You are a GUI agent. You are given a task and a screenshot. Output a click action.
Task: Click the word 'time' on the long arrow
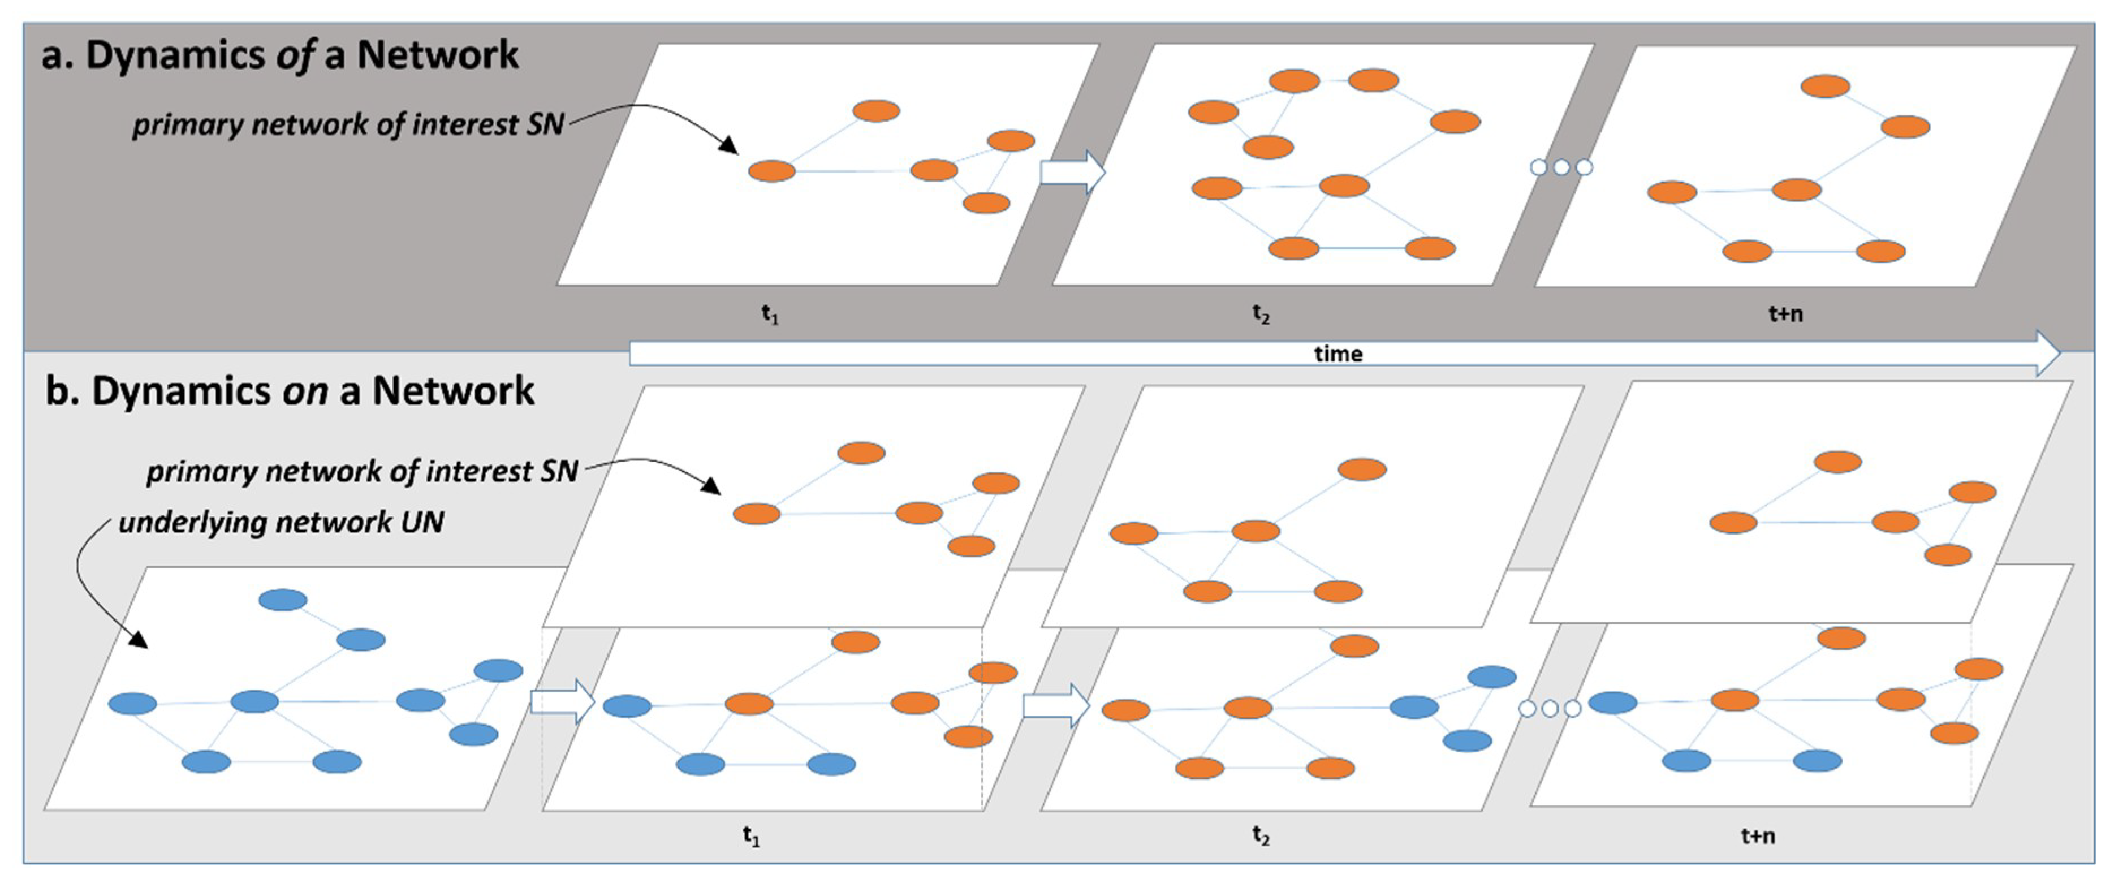coord(1338,354)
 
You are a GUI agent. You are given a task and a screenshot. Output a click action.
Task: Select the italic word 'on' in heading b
coord(304,391)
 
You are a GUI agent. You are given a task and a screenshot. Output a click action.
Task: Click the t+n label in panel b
coord(1758,835)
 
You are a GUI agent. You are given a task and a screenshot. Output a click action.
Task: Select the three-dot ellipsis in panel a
coord(1561,167)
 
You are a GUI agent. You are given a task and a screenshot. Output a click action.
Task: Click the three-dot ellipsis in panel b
coord(1550,708)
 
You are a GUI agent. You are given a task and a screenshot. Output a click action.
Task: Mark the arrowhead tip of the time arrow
coord(2057,354)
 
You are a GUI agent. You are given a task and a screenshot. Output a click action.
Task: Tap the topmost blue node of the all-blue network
coord(283,600)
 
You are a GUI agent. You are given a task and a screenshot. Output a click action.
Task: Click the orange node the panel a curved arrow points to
coord(771,171)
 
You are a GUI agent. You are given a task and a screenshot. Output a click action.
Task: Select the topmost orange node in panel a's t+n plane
coord(1825,86)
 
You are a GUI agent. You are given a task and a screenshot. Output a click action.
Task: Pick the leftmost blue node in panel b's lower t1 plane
coord(627,706)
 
